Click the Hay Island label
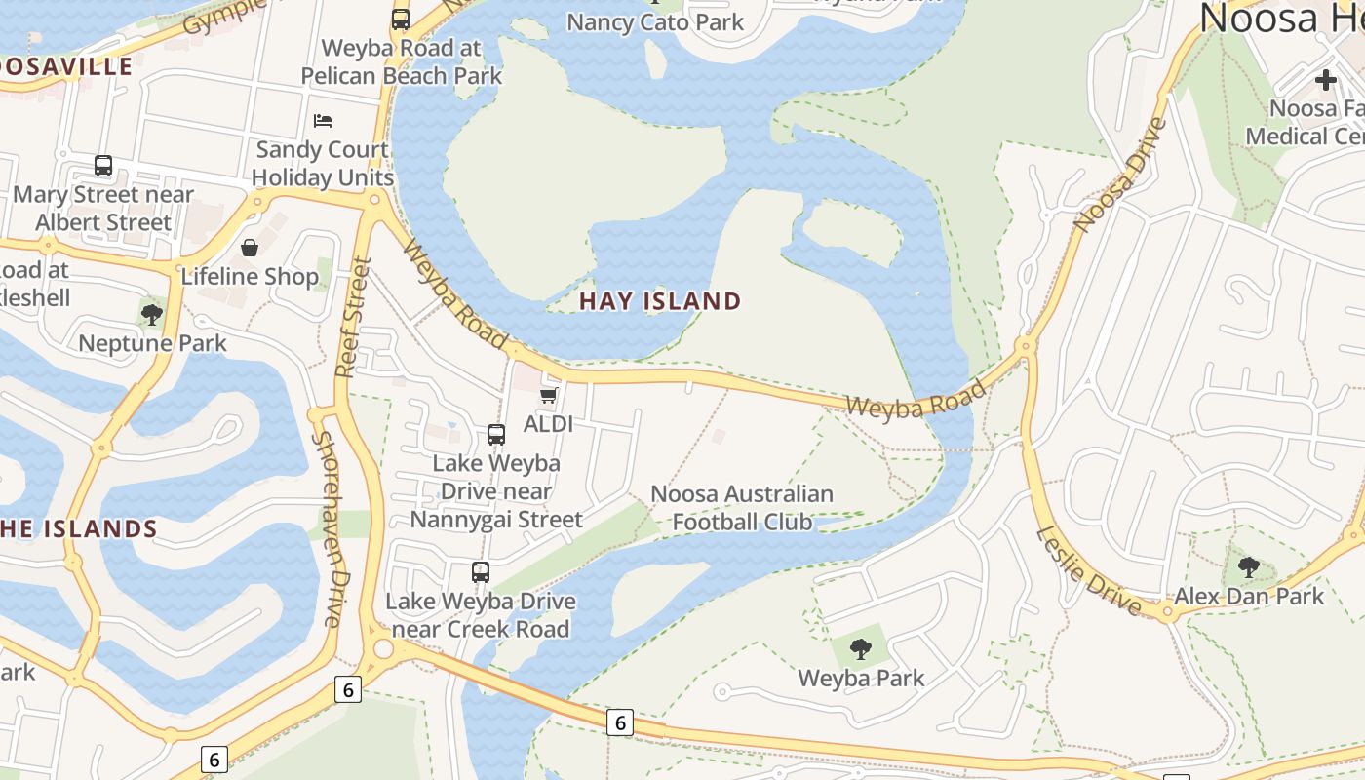tap(660, 301)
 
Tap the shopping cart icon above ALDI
tap(548, 396)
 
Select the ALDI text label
tap(548, 424)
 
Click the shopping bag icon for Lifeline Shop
tap(250, 248)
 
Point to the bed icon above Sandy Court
tap(323, 121)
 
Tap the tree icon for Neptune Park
tap(151, 314)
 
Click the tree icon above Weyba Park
tap(860, 648)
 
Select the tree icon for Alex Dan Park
tap(1248, 566)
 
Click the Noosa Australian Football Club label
tap(742, 508)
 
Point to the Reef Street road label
tap(353, 317)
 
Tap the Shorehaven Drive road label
tap(328, 528)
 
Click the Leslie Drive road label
tap(1088, 570)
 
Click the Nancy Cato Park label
tap(655, 21)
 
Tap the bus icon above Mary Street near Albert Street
tap(103, 166)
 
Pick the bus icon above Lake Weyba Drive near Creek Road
tap(480, 572)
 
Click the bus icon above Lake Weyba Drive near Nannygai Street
tap(496, 435)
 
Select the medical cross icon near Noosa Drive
tap(1325, 79)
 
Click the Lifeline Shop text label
tap(250, 277)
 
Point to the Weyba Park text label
tap(861, 678)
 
